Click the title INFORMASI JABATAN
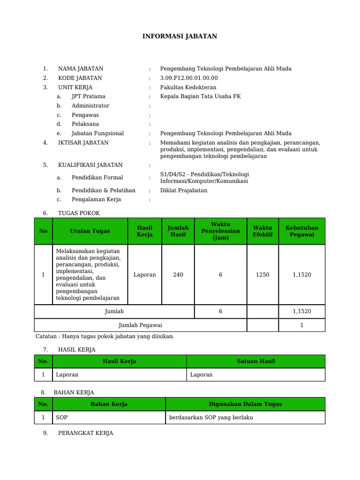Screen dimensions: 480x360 pyautogui.click(x=180, y=37)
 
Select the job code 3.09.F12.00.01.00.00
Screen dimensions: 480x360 pyautogui.click(x=189, y=78)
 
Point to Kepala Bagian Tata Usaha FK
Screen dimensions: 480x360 pyautogui.click(x=200, y=97)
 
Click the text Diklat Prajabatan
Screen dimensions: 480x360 pyautogui.click(x=184, y=190)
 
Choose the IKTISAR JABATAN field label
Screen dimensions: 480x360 pyautogui.click(x=83, y=142)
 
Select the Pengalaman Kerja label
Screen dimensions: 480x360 pyautogui.click(x=96, y=199)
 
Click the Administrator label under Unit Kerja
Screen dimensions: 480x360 pyautogui.click(x=90, y=106)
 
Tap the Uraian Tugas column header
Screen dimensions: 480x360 pyautogui.click(x=90, y=231)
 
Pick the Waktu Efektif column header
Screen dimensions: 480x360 pyautogui.click(x=262, y=231)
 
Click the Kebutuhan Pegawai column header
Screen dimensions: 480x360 pyautogui.click(x=301, y=231)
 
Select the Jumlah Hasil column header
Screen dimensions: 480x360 pyautogui.click(x=178, y=231)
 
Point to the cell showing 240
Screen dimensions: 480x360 pyautogui.click(x=178, y=275)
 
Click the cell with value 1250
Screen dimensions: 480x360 pyautogui.click(x=262, y=275)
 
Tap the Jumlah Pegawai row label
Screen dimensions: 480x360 pyautogui.click(x=140, y=325)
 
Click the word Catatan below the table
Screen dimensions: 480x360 pyautogui.click(x=47, y=337)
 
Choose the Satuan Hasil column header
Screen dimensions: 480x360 pyautogui.click(x=255, y=361)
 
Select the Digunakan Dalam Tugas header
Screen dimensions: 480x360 pyautogui.click(x=245, y=404)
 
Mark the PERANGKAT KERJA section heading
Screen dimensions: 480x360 pyautogui.click(x=85, y=433)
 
